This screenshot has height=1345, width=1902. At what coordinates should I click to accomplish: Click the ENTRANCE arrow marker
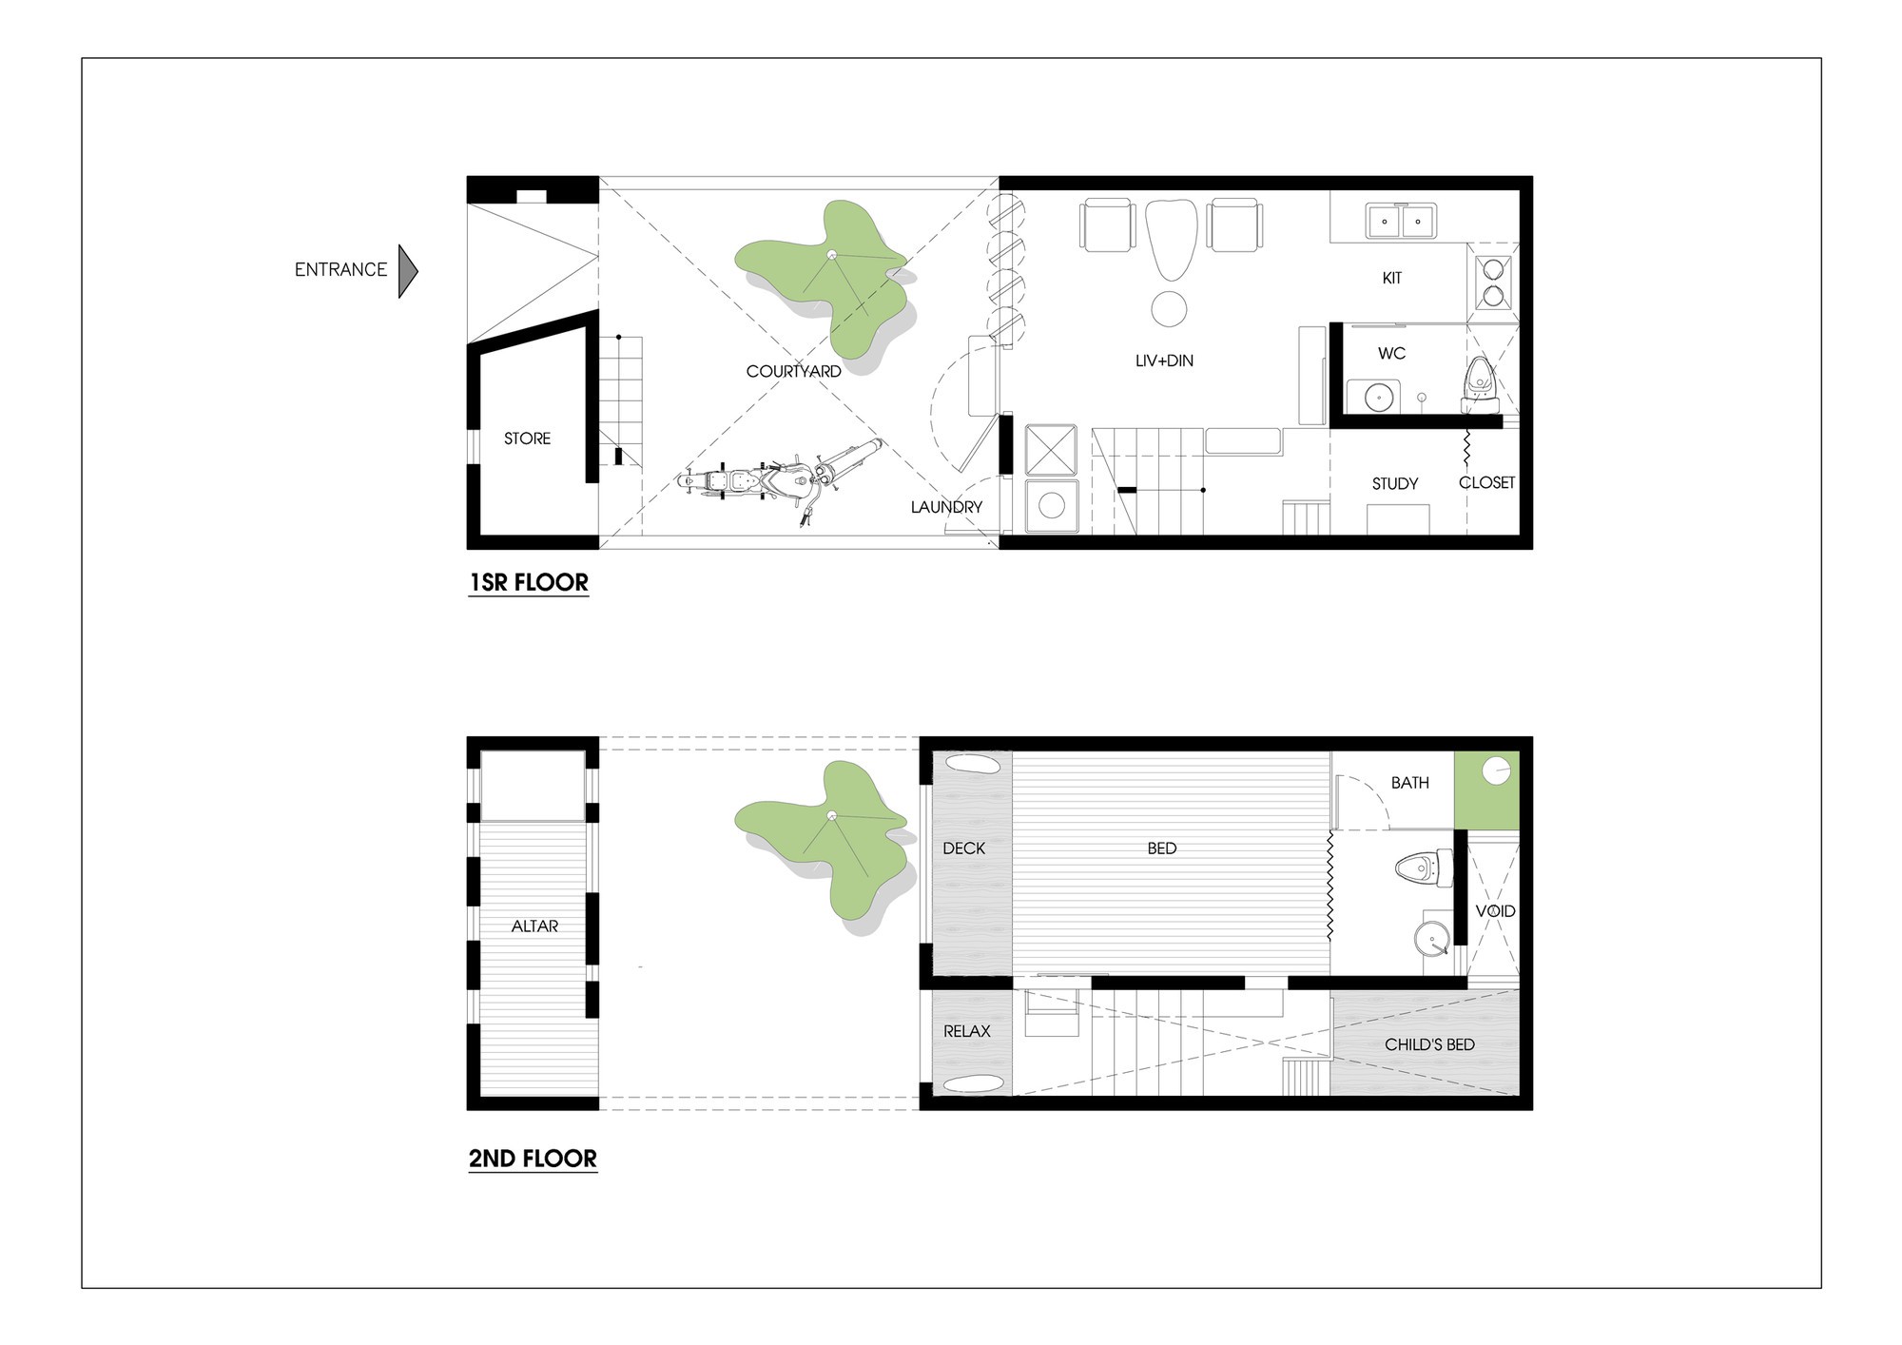click(x=408, y=271)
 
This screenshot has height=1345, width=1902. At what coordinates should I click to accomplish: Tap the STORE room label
click(x=528, y=439)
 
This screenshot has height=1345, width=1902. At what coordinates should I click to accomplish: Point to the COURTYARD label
click(x=794, y=371)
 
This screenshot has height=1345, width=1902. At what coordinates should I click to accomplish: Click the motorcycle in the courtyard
click(x=782, y=480)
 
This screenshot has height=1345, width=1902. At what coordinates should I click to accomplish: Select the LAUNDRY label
click(x=946, y=507)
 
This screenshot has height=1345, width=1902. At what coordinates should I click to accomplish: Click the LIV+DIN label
click(x=1164, y=361)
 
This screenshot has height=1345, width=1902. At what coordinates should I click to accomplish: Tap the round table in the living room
click(x=1169, y=308)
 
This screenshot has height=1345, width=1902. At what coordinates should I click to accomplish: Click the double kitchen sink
click(x=1401, y=221)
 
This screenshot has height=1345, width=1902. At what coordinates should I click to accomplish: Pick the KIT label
click(x=1392, y=278)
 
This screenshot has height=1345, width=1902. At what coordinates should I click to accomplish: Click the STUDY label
click(x=1395, y=484)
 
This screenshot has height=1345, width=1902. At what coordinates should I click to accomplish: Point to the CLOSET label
click(x=1487, y=482)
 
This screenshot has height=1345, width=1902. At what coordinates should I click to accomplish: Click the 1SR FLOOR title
click(x=529, y=582)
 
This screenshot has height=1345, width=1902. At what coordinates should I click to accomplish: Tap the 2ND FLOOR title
click(x=533, y=1159)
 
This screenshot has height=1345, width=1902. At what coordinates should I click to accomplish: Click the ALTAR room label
click(x=535, y=926)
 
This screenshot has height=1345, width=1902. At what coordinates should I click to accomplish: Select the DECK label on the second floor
click(x=964, y=848)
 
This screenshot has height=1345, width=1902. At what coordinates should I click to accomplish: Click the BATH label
click(x=1410, y=783)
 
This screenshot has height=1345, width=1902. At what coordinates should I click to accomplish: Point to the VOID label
click(x=1496, y=910)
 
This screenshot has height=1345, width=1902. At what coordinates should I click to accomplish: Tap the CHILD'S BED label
click(x=1430, y=1044)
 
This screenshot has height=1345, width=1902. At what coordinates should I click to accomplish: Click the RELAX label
click(x=967, y=1031)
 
